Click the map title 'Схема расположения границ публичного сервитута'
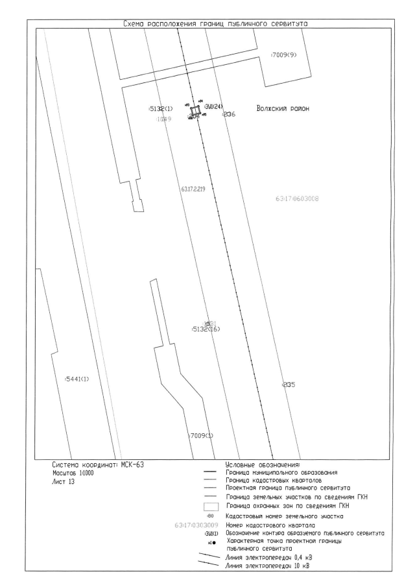tap(210, 24)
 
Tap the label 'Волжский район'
tap(283, 108)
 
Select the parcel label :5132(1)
tap(160, 108)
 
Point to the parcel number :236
tap(228, 114)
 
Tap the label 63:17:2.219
tap(193, 189)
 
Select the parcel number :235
tap(289, 385)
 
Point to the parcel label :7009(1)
tap(201, 435)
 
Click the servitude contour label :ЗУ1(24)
tap(213, 107)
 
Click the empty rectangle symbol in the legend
tap(209, 506)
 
